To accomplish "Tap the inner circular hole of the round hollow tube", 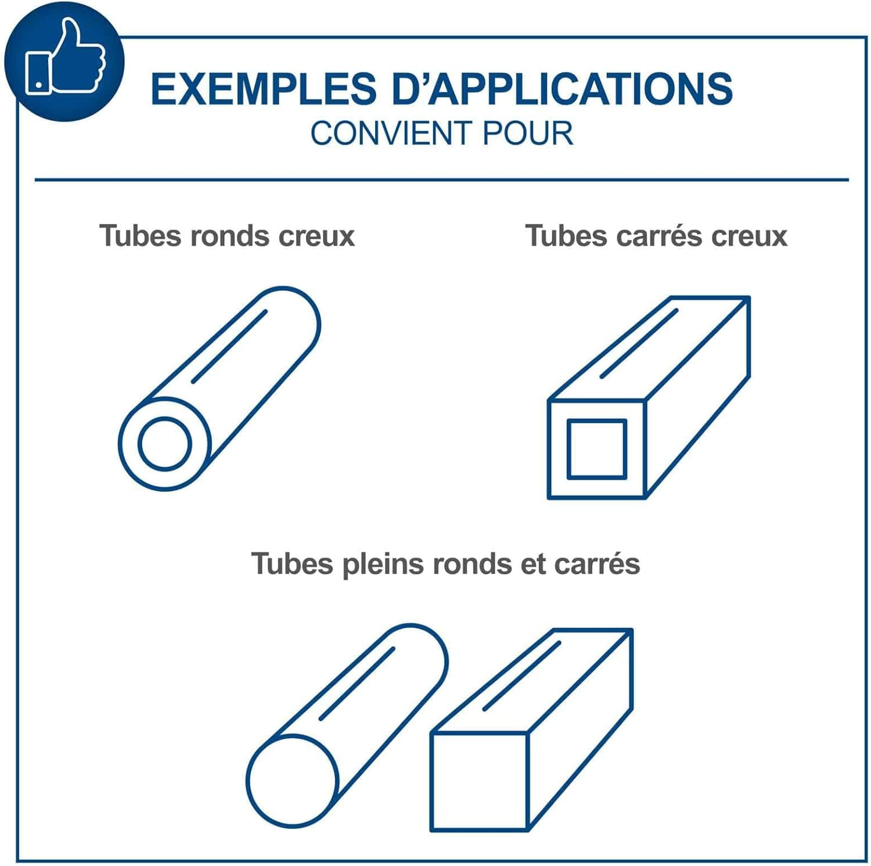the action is [165, 444].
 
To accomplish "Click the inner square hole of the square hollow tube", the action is [597, 450].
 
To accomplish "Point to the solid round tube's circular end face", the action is [292, 780].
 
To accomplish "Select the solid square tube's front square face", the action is [480, 781].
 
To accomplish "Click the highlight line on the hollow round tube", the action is [229, 346].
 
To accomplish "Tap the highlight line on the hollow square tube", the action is [639, 343].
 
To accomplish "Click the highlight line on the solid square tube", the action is [521, 676].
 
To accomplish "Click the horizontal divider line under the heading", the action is [442, 180].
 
